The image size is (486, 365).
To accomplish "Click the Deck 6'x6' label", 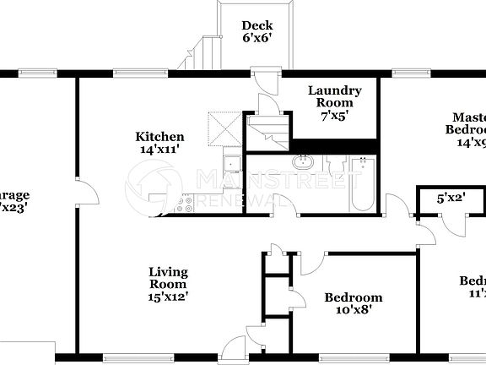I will click(x=256, y=31).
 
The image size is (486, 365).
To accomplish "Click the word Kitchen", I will click(x=160, y=137).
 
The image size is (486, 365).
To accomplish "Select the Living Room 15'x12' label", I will click(x=168, y=284).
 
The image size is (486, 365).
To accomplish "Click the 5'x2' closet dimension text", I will click(x=450, y=200).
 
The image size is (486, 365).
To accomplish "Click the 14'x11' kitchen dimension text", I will click(x=160, y=150).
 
